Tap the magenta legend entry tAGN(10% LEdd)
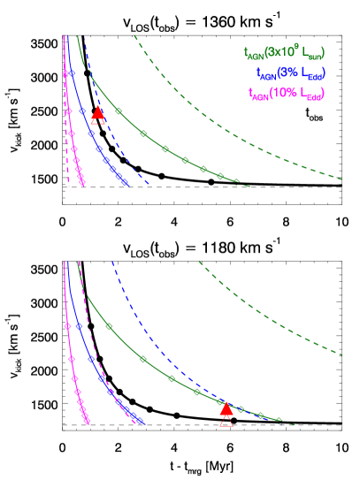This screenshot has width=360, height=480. (x=286, y=93)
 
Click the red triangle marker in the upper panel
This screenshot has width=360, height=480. (x=98, y=113)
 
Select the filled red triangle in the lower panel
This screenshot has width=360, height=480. (x=226, y=408)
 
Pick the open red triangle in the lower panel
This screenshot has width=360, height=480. (x=226, y=420)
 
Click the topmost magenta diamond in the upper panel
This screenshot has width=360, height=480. (x=66, y=72)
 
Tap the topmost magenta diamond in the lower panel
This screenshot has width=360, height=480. (x=67, y=325)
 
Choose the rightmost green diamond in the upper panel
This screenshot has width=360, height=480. (x=220, y=176)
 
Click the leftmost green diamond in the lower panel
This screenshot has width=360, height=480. (x=110, y=326)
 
